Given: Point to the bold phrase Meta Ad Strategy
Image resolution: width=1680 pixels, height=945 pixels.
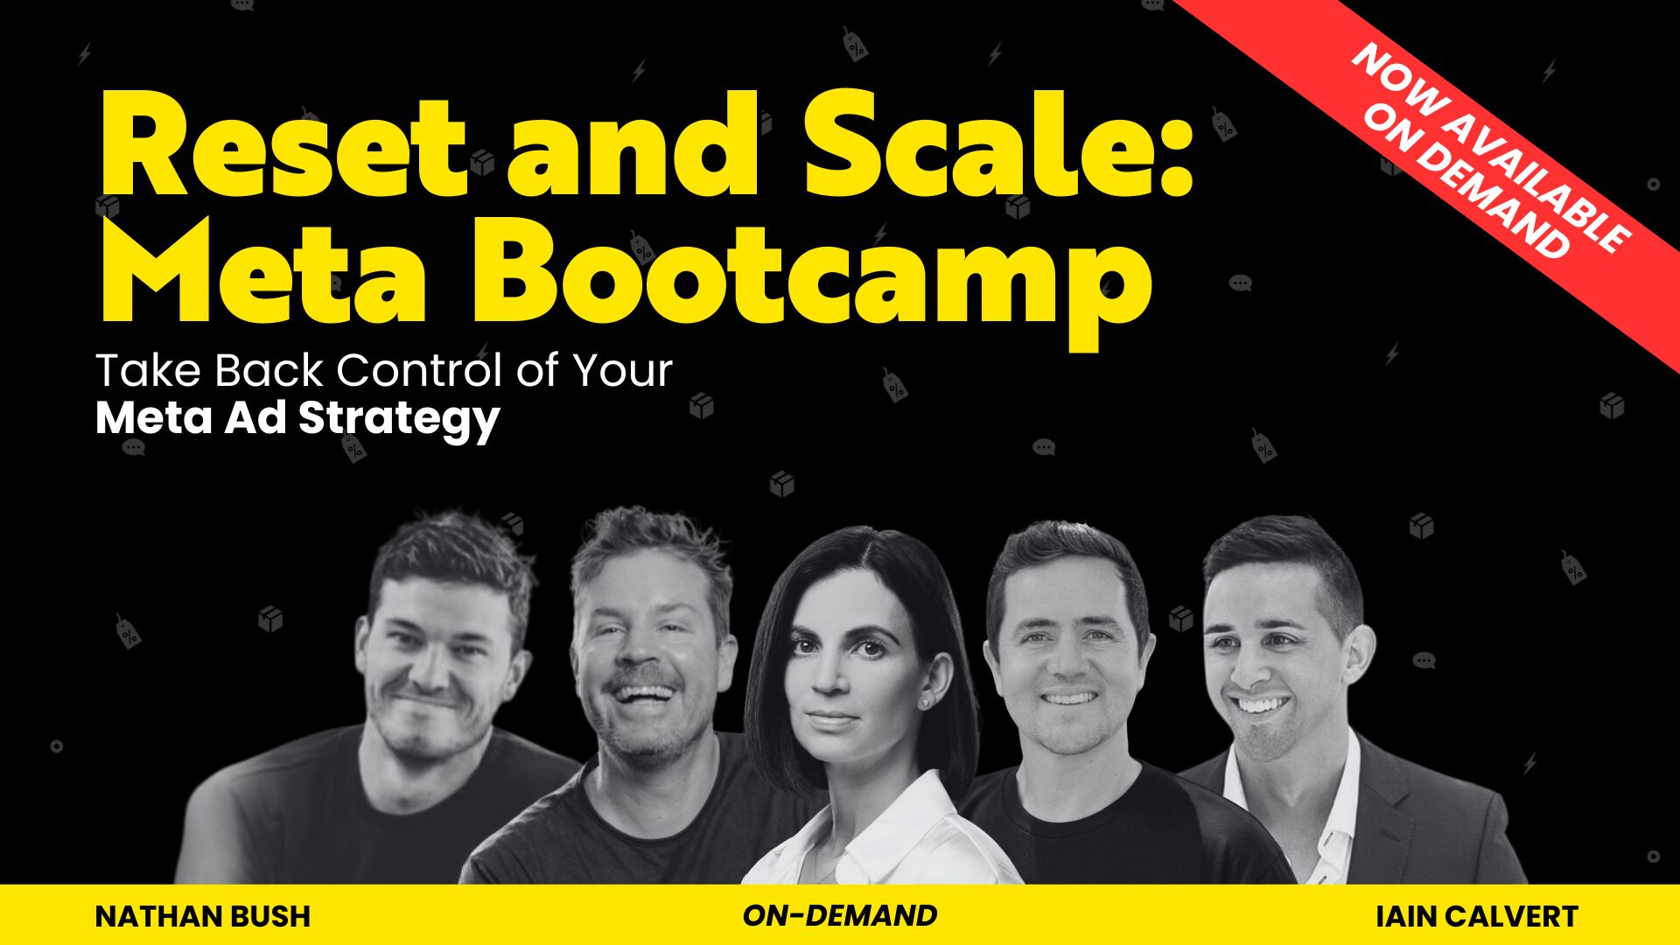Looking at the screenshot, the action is click(x=297, y=419).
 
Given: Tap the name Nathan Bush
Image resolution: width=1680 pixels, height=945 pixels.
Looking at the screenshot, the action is click(x=202, y=916).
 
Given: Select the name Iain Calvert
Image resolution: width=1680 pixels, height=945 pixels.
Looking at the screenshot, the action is click(x=1477, y=916).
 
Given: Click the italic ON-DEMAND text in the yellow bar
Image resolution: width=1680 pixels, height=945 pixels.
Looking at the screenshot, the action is click(x=840, y=915).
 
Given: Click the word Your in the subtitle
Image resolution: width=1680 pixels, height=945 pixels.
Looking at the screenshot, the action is click(x=622, y=370).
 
